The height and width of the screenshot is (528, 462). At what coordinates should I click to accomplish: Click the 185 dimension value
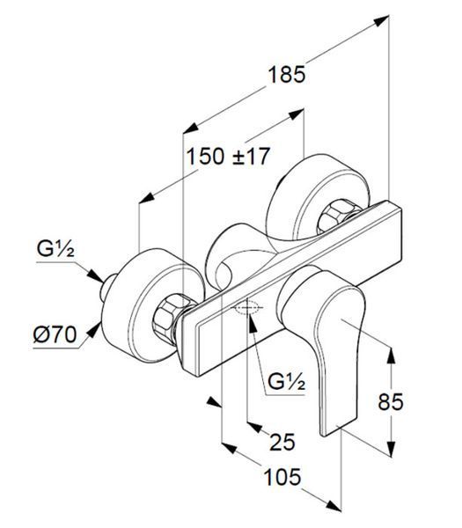(287, 75)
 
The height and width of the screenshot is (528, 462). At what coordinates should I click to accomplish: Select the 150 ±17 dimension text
(228, 157)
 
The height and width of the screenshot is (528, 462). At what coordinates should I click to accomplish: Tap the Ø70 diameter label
(55, 334)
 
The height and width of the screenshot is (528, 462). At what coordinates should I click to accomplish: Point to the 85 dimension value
(391, 402)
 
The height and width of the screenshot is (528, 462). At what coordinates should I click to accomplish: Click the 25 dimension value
(282, 442)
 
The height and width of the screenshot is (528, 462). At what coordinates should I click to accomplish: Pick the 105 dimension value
(282, 477)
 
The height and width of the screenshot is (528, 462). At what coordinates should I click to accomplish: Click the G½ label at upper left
(55, 249)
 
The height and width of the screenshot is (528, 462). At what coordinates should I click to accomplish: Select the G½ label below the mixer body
(287, 382)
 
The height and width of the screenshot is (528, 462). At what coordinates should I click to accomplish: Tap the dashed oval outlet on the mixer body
(247, 307)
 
